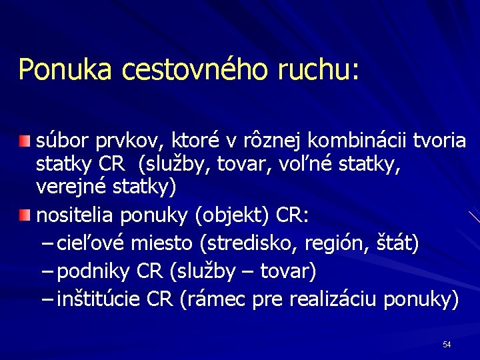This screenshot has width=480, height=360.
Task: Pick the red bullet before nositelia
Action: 25,215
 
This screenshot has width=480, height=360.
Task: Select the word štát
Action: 397,244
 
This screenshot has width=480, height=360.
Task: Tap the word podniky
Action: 94,272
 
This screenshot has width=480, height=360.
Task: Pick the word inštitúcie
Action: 98,300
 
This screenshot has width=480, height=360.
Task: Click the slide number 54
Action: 447,345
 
